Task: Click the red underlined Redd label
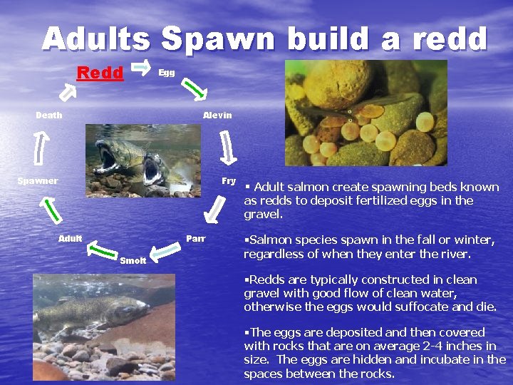pos(100,73)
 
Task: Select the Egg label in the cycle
pos(166,73)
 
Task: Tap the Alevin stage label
pos(217,115)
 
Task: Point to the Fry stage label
pos(229,181)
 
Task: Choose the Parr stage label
pos(195,238)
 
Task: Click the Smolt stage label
pos(133,260)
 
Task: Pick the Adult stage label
pos(71,238)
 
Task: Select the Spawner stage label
pos(38,181)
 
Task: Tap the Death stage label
pos(49,115)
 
